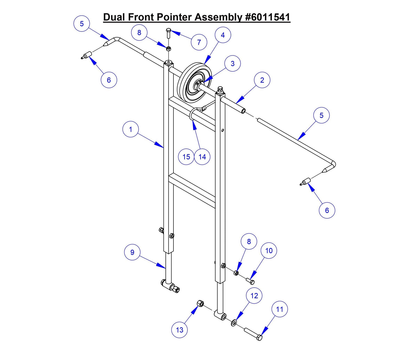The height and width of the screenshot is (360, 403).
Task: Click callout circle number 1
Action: point(131,129)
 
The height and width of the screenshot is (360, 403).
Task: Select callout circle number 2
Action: point(262,80)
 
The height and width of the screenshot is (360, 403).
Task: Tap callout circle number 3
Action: point(233,64)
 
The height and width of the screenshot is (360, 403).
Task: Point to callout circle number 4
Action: point(223,35)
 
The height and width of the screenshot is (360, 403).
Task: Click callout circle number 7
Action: point(199,42)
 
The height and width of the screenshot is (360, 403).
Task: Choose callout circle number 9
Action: point(132,252)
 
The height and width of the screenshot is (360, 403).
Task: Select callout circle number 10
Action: point(269,251)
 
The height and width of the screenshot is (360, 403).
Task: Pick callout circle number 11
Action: point(279,309)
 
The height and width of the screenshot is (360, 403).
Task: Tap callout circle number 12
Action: point(254,296)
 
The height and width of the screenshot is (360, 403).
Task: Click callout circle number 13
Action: point(179,330)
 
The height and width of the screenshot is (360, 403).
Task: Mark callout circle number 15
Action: point(186,157)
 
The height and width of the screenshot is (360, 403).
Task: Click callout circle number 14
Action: point(202,157)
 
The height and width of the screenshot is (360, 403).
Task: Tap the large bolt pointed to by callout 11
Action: point(253,334)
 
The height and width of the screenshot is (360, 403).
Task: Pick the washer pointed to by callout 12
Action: point(234,323)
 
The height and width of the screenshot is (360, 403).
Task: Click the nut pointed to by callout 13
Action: point(200,303)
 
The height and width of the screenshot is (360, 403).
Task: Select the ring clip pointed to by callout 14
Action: point(192,115)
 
